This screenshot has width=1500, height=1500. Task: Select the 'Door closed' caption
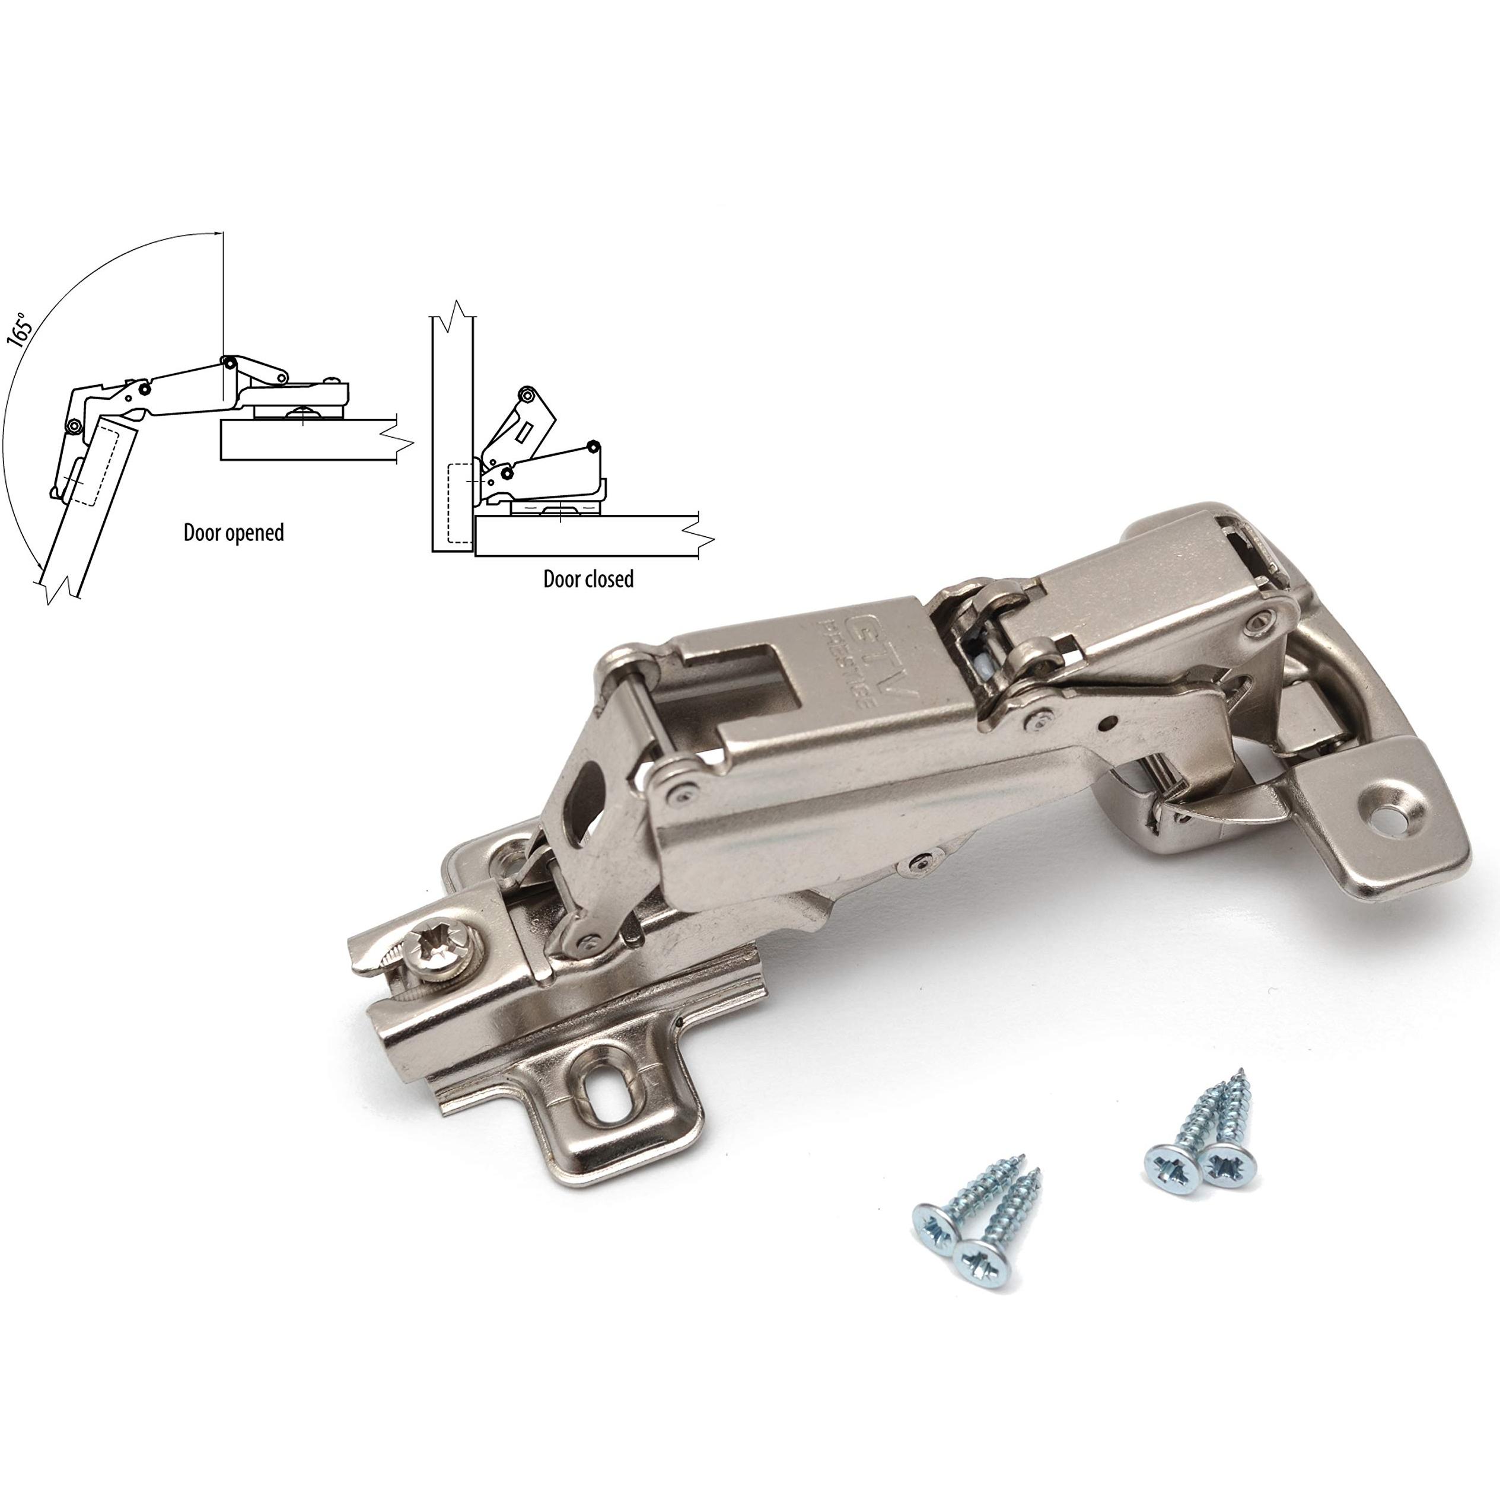click(588, 579)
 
